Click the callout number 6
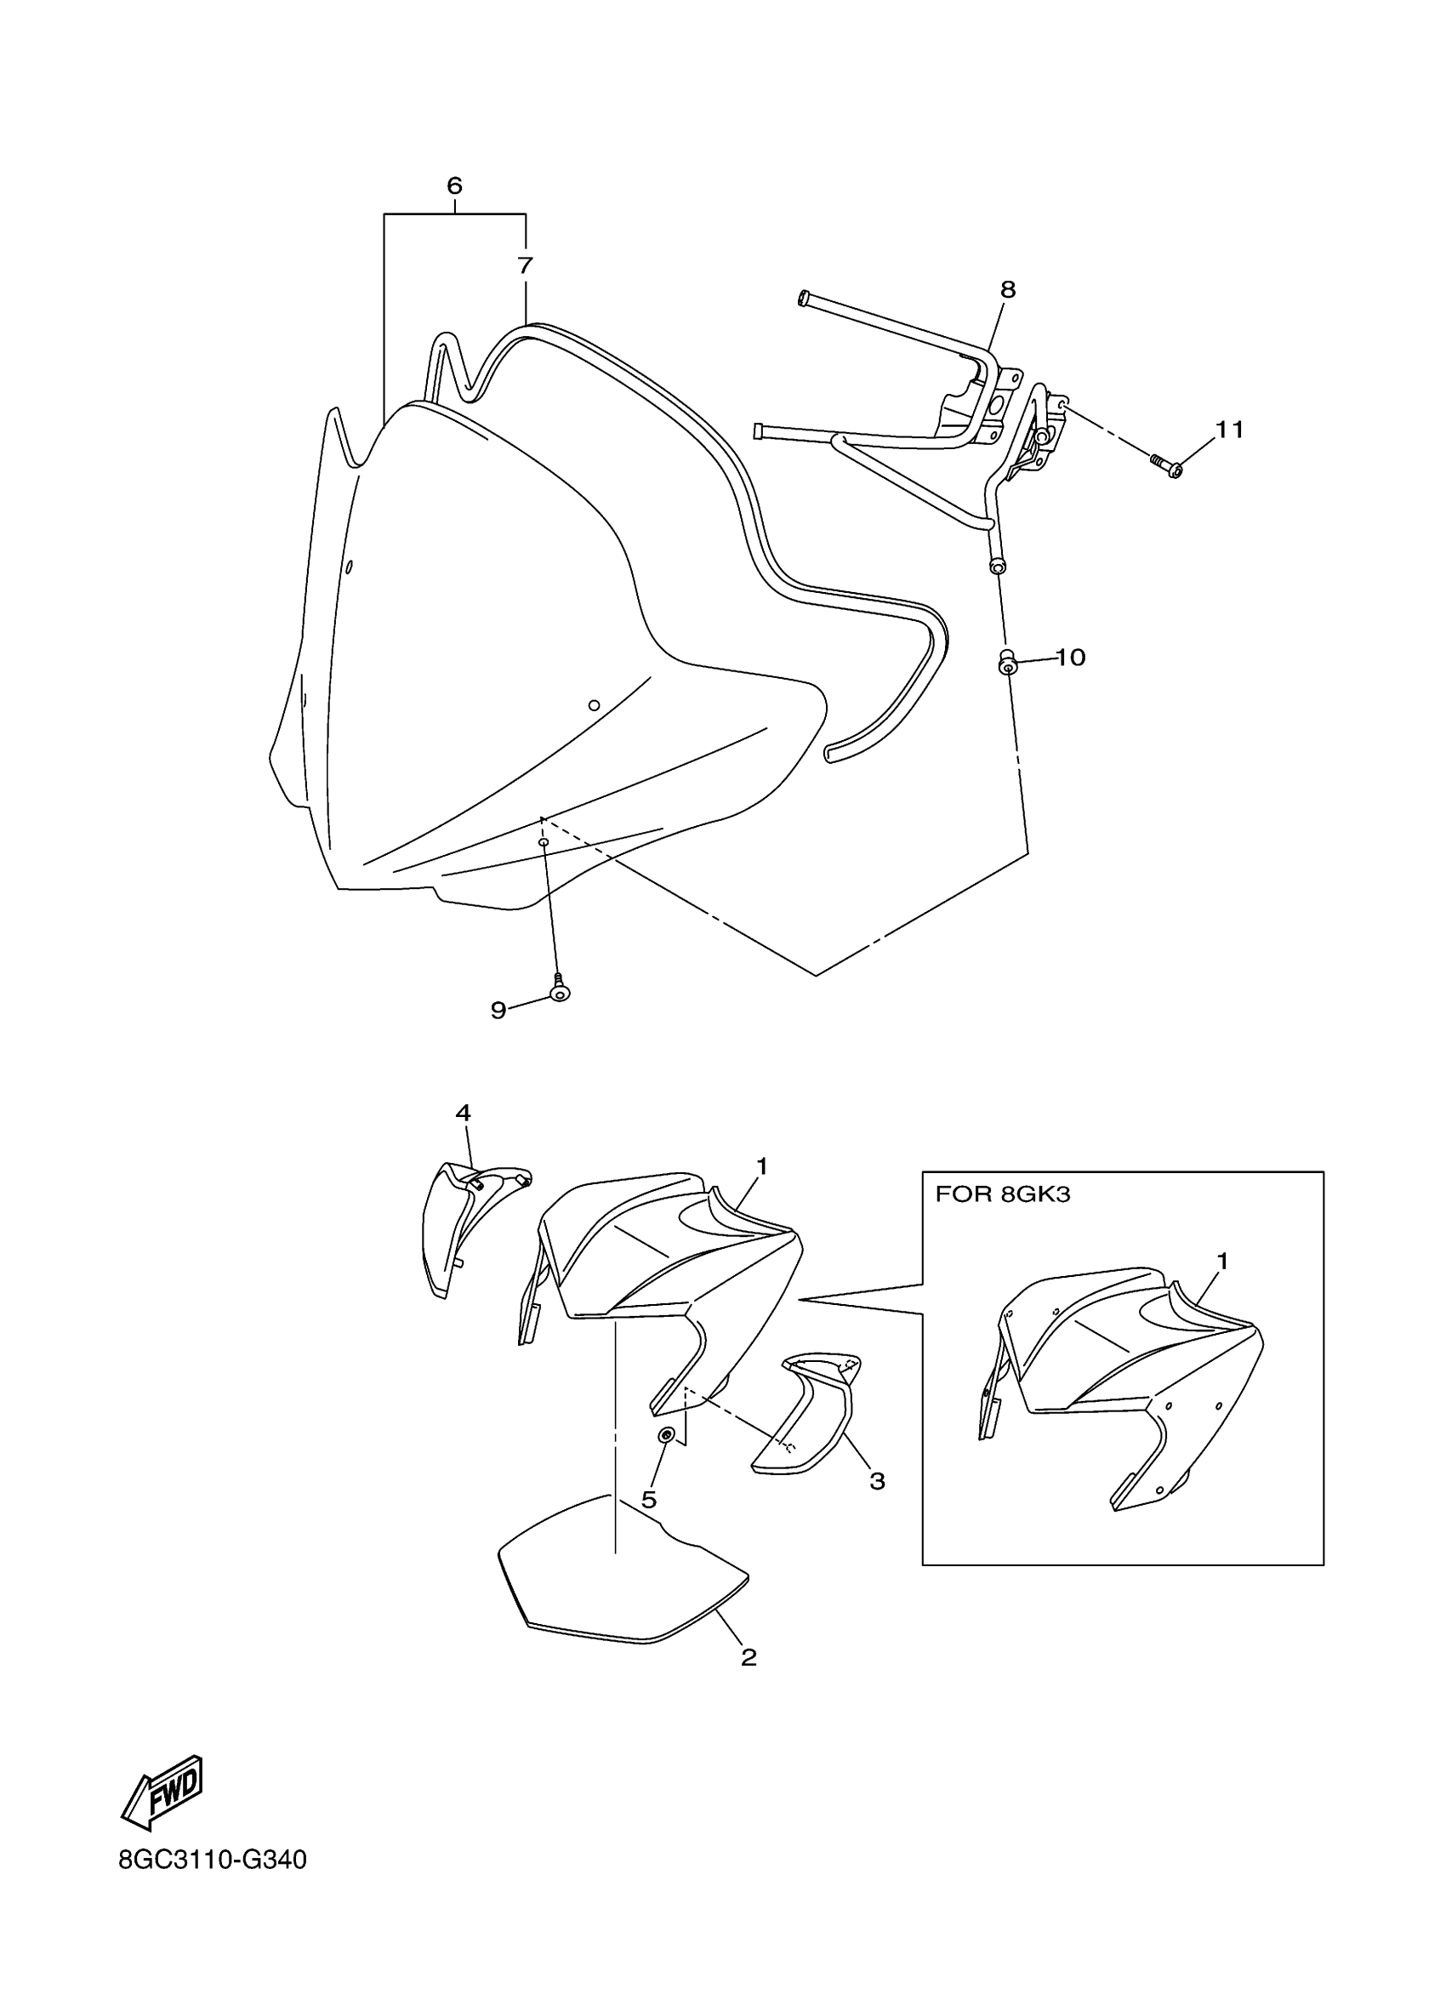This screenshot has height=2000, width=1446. pos(454,186)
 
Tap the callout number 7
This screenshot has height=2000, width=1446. pos(526,265)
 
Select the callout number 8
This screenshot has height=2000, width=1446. pos(1008,289)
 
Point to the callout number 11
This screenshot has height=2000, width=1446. pos(1229,430)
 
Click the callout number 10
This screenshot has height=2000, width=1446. pos(1070,657)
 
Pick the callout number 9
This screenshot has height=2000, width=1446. pos(498,1011)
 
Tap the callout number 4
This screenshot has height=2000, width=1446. pos(463,1113)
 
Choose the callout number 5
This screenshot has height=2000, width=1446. pos(649,1500)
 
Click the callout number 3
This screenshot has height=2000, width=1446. pos(876,1480)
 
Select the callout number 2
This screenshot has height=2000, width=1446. pos(749,1657)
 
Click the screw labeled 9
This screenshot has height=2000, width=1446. pos(559,990)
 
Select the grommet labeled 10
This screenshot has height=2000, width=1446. pos(1006,662)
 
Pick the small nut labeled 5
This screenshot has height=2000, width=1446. pos(668,1435)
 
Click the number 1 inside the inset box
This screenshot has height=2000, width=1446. pos(1222,1261)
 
